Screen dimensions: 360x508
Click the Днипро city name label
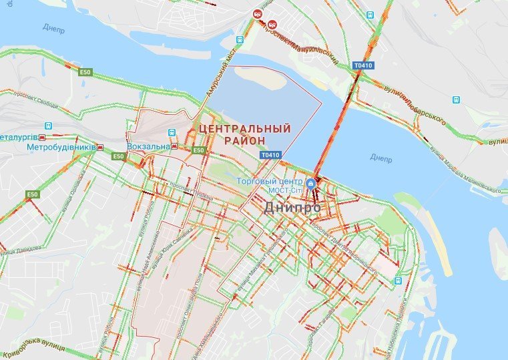(292, 208)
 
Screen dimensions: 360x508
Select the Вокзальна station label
(148, 146)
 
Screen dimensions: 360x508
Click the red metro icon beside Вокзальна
(174, 146)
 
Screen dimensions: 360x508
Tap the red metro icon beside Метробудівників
(99, 147)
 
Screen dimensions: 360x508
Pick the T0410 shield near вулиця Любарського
(363, 65)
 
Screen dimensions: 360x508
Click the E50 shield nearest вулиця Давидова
(32, 194)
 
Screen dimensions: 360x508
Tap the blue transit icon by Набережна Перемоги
(398, 281)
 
